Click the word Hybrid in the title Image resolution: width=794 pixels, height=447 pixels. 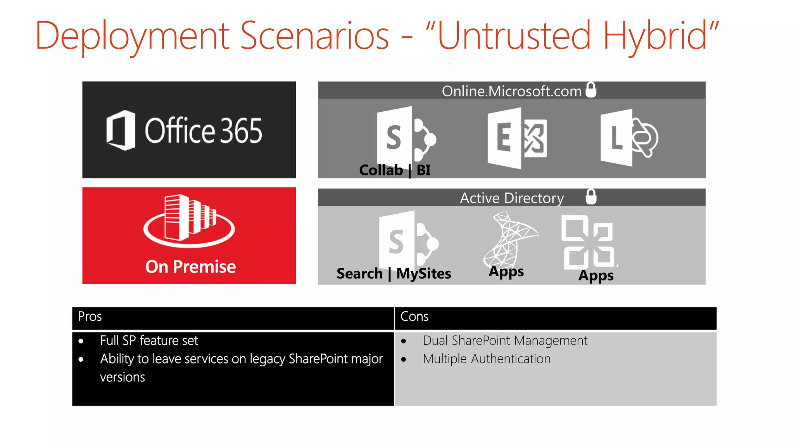(x=655, y=36)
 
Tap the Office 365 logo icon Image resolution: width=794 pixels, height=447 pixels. (x=121, y=130)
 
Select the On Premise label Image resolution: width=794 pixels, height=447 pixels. (x=190, y=267)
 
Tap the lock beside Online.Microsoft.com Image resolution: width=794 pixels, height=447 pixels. (x=591, y=90)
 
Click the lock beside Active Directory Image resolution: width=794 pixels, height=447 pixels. (x=591, y=197)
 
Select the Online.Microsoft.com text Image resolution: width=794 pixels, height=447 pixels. (x=511, y=91)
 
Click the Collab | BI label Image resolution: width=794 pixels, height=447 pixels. (x=395, y=170)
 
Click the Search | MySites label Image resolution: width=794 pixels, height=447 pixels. (x=394, y=274)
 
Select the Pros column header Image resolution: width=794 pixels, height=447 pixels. (x=90, y=317)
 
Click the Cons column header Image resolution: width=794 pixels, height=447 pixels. (x=414, y=317)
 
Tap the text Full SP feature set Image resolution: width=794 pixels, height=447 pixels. (x=149, y=341)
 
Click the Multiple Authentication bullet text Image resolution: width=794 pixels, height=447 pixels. (x=486, y=359)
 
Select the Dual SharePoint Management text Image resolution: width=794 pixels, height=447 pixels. (x=505, y=341)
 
